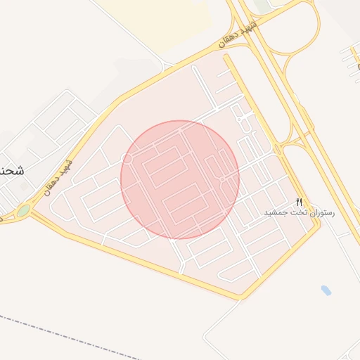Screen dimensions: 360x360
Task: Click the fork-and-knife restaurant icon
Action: [x=300, y=202]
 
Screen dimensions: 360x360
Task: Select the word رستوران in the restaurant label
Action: [x=323, y=212]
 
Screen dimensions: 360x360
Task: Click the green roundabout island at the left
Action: [x=23, y=210]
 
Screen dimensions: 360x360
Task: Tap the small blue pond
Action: [x=326, y=290]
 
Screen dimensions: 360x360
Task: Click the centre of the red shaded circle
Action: [x=180, y=180]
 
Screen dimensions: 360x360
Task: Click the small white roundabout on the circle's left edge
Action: [x=127, y=160]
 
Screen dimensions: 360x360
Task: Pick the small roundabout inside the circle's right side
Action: [x=221, y=180]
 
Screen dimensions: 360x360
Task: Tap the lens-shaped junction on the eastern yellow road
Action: [x=278, y=149]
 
